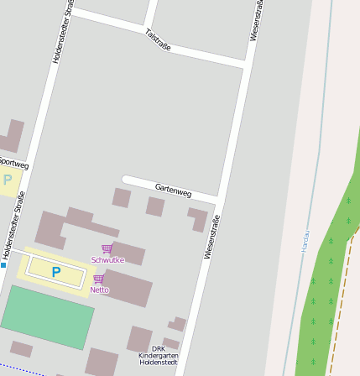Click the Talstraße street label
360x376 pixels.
(158, 39)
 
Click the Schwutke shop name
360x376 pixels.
(107, 260)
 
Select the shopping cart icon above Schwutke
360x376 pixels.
(107, 248)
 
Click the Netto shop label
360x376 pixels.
(99, 290)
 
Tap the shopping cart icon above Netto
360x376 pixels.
(98, 279)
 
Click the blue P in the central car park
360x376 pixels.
(56, 272)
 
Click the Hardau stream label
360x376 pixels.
(305, 241)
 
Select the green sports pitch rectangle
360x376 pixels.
(48, 316)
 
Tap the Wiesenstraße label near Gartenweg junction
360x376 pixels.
(211, 238)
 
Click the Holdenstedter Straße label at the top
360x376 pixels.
(61, 31)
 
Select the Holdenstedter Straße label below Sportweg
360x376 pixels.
(13, 224)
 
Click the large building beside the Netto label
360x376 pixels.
(128, 287)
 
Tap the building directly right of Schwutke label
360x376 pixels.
(129, 253)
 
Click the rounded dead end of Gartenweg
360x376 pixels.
(127, 179)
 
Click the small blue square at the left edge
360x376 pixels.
(3, 265)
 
